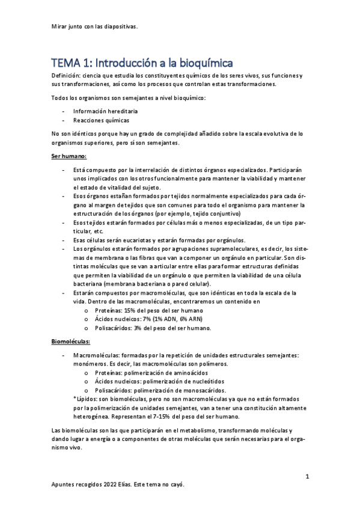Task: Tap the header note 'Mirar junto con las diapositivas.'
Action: (x=94, y=26)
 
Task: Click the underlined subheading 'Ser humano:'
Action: (x=69, y=156)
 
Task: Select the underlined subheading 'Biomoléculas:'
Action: (x=72, y=342)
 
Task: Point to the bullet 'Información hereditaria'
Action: (x=105, y=111)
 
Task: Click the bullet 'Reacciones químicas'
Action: (x=101, y=120)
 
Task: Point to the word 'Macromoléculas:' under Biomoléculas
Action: (x=96, y=355)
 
